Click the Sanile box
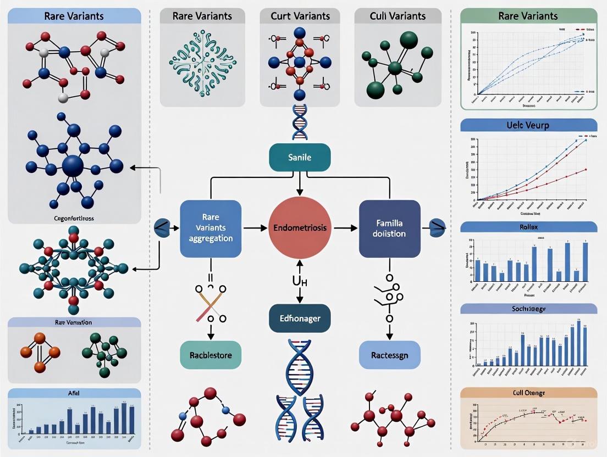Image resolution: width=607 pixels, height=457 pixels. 300,158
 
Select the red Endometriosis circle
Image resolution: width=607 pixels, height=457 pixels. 300,227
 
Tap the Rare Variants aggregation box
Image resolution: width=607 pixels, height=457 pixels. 211,228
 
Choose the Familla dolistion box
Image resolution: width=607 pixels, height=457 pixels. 389,228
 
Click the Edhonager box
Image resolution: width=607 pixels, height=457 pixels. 300,318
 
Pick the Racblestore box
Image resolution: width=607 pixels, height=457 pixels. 211,355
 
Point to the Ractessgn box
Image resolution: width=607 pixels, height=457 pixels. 389,355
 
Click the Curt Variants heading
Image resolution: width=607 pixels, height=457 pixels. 300,15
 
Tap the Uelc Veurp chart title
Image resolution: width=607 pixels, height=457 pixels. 527,125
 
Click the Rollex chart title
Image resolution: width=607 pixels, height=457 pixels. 527,227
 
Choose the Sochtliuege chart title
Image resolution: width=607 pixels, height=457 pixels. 527,309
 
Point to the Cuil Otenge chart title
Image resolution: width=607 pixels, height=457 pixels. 527,393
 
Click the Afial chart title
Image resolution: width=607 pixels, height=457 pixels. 74,394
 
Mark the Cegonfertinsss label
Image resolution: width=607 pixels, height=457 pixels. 73,218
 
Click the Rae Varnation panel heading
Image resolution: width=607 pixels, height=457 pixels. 74,322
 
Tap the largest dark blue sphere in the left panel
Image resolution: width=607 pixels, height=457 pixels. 73,165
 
